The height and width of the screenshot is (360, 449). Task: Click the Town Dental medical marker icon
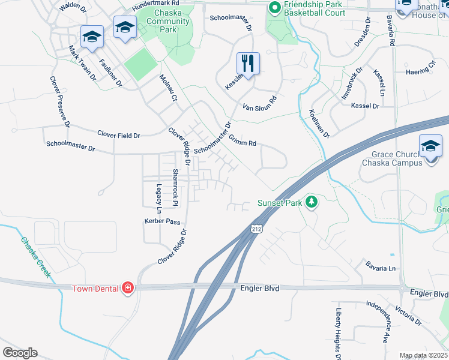coord(127,289)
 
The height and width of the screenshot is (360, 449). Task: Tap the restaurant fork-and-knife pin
coord(248,62)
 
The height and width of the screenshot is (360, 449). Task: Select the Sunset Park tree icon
coord(311,202)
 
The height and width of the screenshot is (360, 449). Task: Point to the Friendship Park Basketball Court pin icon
coord(275,8)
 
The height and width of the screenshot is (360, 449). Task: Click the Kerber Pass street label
coord(162,221)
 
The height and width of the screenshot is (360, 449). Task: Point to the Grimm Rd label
coord(243,143)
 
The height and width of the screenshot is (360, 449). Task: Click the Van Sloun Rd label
coord(260,104)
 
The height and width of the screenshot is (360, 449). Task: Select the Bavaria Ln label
coord(381,265)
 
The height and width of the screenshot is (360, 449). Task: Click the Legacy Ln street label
coord(159,199)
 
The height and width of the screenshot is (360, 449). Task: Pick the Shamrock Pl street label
coord(175,187)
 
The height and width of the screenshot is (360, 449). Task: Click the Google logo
coord(20,353)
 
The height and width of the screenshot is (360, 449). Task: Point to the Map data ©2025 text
coord(423,355)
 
